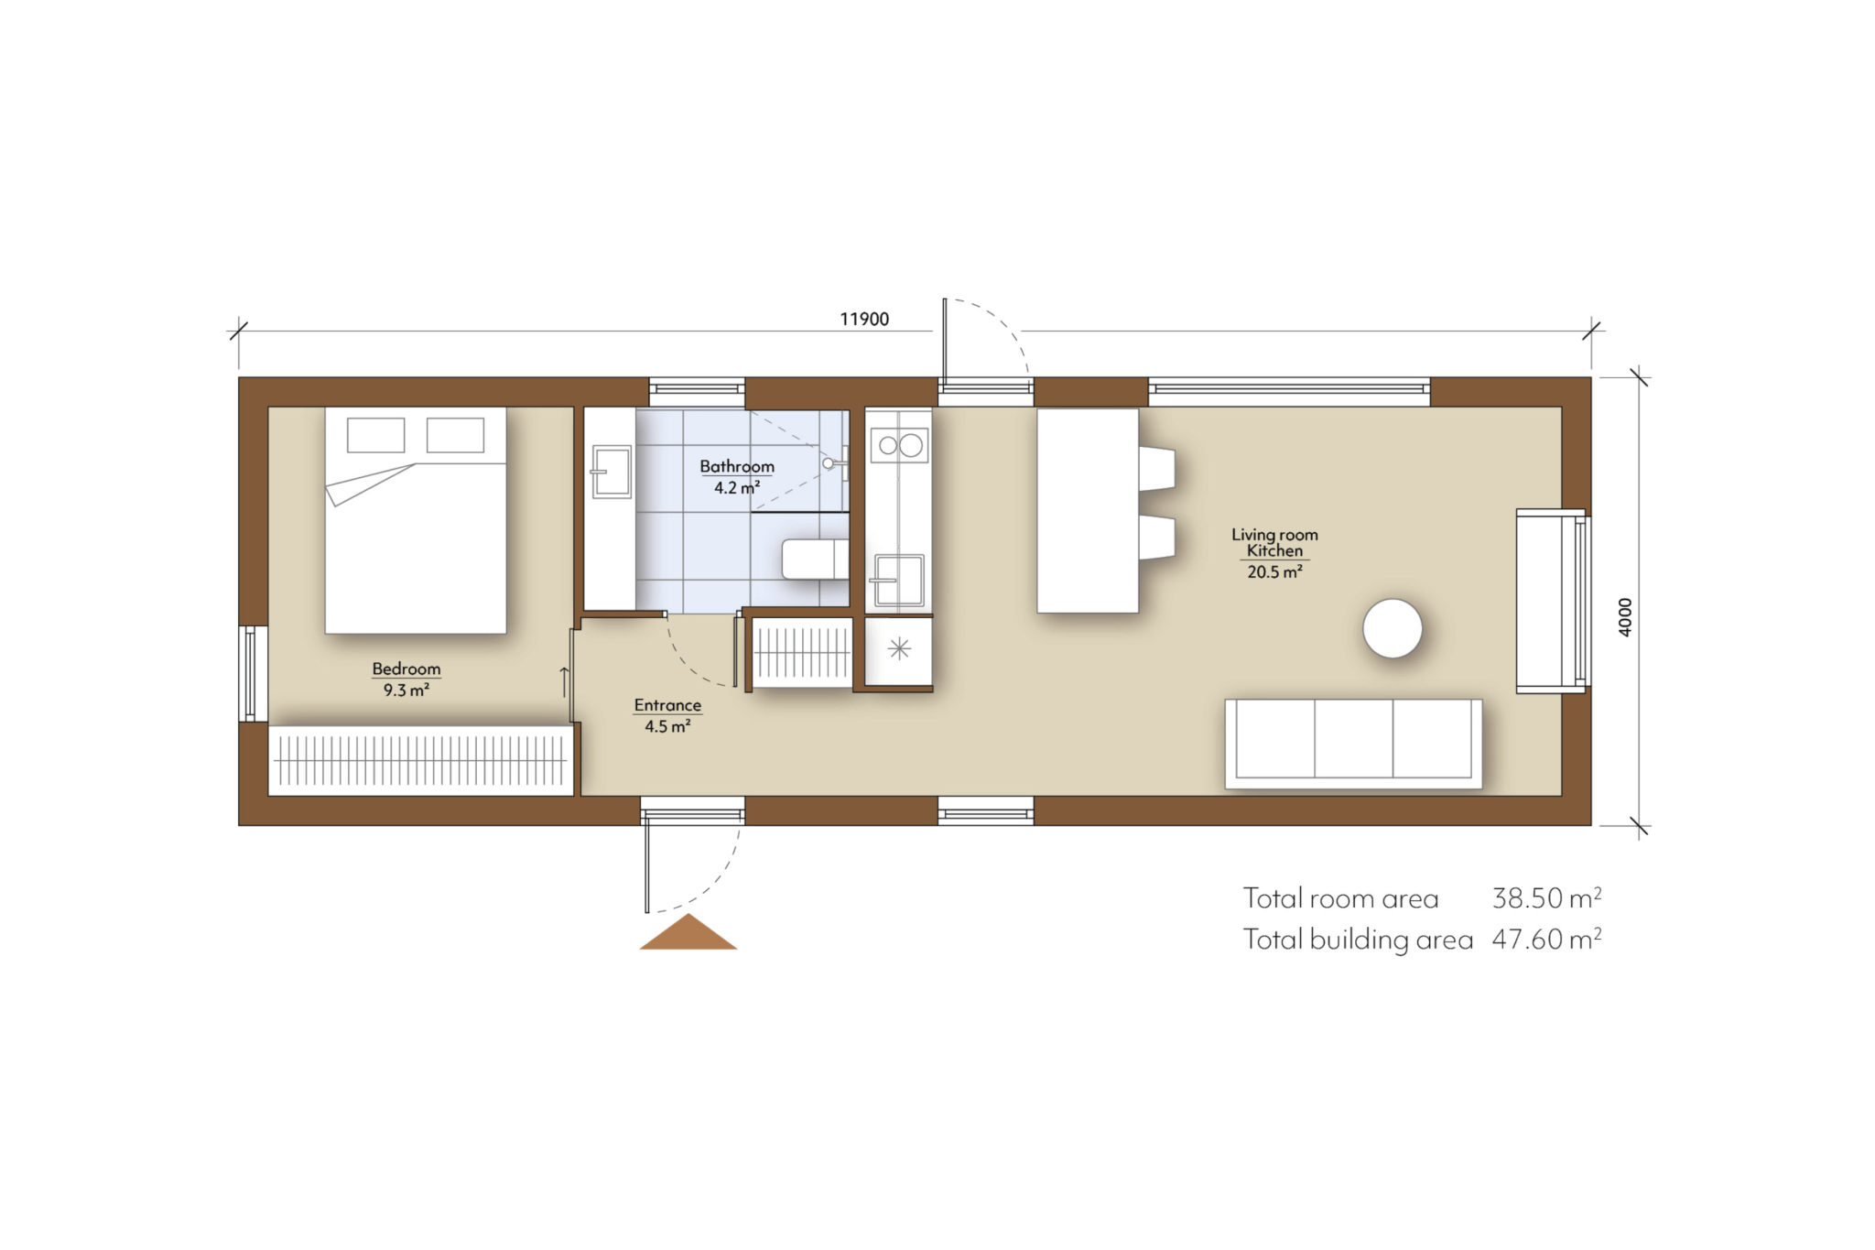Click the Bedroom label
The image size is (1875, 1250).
[406, 668]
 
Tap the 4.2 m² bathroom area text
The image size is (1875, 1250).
[736, 488]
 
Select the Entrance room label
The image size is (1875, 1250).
[667, 705]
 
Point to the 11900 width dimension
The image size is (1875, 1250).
[863, 319]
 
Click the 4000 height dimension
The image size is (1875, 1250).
[1625, 617]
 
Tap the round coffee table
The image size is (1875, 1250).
[1392, 628]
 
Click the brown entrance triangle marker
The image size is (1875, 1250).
[688, 934]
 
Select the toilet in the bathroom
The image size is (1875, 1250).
[814, 559]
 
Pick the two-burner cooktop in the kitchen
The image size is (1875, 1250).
[899, 446]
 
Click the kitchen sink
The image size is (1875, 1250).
[898, 580]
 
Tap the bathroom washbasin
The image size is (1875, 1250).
[612, 472]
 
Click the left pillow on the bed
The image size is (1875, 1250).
[375, 435]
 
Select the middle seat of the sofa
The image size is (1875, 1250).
[1353, 739]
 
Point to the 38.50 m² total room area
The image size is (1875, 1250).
[1546, 898]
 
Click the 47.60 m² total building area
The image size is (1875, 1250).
[1546, 940]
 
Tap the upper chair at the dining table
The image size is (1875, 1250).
[1157, 467]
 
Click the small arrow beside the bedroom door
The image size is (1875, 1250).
[564, 681]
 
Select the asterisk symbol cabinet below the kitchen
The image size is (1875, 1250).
[899, 649]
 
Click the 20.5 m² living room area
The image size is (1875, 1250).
[1273, 572]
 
